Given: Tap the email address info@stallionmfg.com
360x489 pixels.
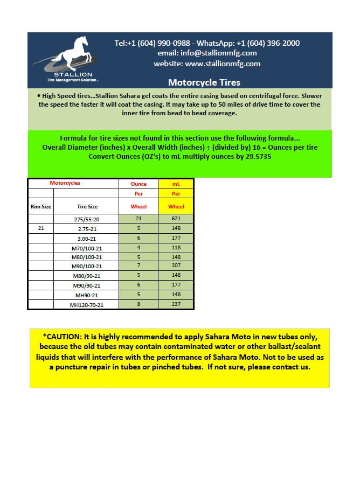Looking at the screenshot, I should [x=207, y=53].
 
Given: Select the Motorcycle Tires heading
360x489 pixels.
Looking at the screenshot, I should [x=204, y=82].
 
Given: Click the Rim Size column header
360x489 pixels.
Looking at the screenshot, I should [x=40, y=206].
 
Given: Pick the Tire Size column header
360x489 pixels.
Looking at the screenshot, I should [x=87, y=206].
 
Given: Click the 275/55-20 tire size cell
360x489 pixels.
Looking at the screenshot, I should [x=87, y=219].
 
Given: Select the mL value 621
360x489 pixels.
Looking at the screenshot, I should [x=176, y=219].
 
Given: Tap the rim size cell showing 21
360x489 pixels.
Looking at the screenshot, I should [x=40, y=228].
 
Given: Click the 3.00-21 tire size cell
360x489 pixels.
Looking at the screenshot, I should [x=87, y=237].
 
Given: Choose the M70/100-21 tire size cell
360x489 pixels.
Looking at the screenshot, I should [x=87, y=247].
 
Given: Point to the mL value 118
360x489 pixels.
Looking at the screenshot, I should [x=176, y=247].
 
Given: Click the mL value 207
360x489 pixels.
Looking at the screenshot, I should [x=176, y=266].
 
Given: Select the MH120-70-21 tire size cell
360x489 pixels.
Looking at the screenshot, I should [x=87, y=304].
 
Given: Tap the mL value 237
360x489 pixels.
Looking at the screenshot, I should [x=176, y=304].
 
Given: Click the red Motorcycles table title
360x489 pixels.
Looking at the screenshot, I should [x=65, y=183].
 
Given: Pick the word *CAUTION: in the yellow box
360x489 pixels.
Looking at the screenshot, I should [x=63, y=336].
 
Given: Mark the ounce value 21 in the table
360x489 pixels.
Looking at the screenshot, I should [x=139, y=219].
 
